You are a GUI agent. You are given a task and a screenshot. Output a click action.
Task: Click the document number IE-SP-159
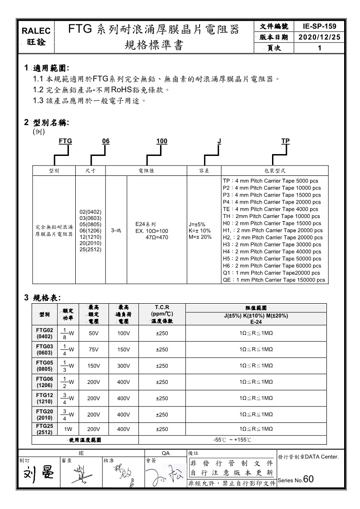(x=320, y=27)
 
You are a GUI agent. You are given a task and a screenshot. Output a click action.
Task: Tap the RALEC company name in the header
(x=36, y=31)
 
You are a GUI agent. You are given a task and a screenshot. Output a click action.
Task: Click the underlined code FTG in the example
(x=65, y=141)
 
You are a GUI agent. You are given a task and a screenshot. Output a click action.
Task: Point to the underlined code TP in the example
(x=285, y=141)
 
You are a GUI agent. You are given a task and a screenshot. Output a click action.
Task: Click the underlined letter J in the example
(x=219, y=141)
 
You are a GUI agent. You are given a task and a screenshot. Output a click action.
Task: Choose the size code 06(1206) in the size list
(x=90, y=231)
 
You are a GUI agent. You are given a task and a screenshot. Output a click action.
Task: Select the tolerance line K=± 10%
(x=199, y=231)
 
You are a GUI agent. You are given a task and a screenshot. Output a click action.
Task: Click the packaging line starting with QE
(x=274, y=280)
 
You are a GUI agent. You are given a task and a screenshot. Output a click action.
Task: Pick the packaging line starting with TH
(x=272, y=216)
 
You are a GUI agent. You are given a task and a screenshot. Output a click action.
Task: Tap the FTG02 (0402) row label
(x=44, y=333)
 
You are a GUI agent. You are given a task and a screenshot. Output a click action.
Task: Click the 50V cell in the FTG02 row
(x=93, y=334)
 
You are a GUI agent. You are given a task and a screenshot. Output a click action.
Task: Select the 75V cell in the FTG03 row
(x=93, y=349)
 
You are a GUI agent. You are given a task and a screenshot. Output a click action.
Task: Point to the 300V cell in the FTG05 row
(x=123, y=366)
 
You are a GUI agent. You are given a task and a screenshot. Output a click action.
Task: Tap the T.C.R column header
(x=162, y=307)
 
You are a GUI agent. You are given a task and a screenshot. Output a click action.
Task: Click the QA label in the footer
(x=165, y=453)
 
